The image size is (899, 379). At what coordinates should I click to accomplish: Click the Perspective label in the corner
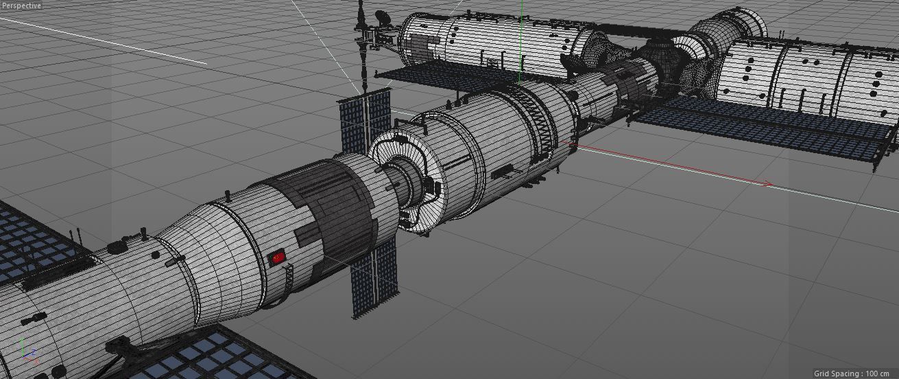click(x=21, y=5)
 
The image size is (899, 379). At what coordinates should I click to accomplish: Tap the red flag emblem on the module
click(x=278, y=257)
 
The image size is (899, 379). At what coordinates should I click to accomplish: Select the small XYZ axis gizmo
click(x=27, y=350)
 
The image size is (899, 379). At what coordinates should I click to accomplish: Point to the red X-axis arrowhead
click(x=769, y=183)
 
